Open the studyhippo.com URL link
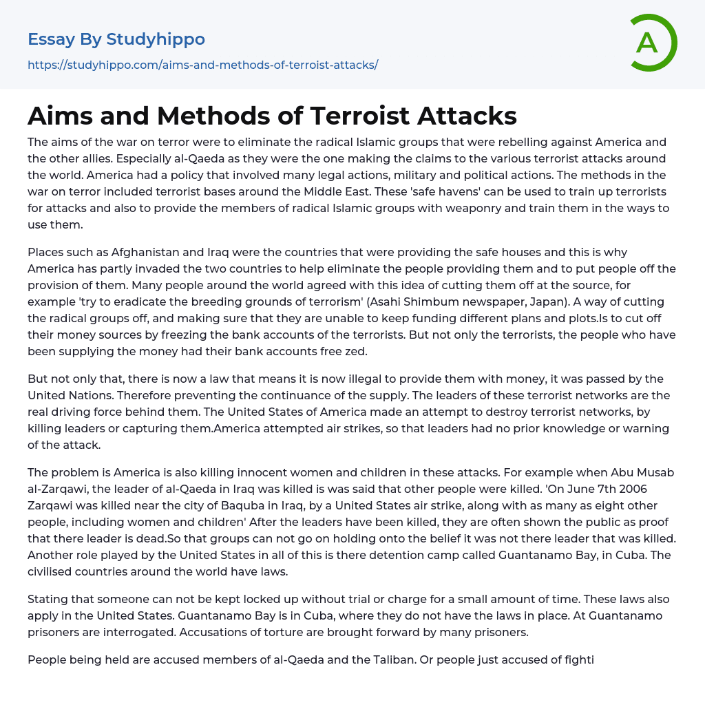tap(203, 65)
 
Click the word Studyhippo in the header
tap(156, 39)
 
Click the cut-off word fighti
tap(577, 660)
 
